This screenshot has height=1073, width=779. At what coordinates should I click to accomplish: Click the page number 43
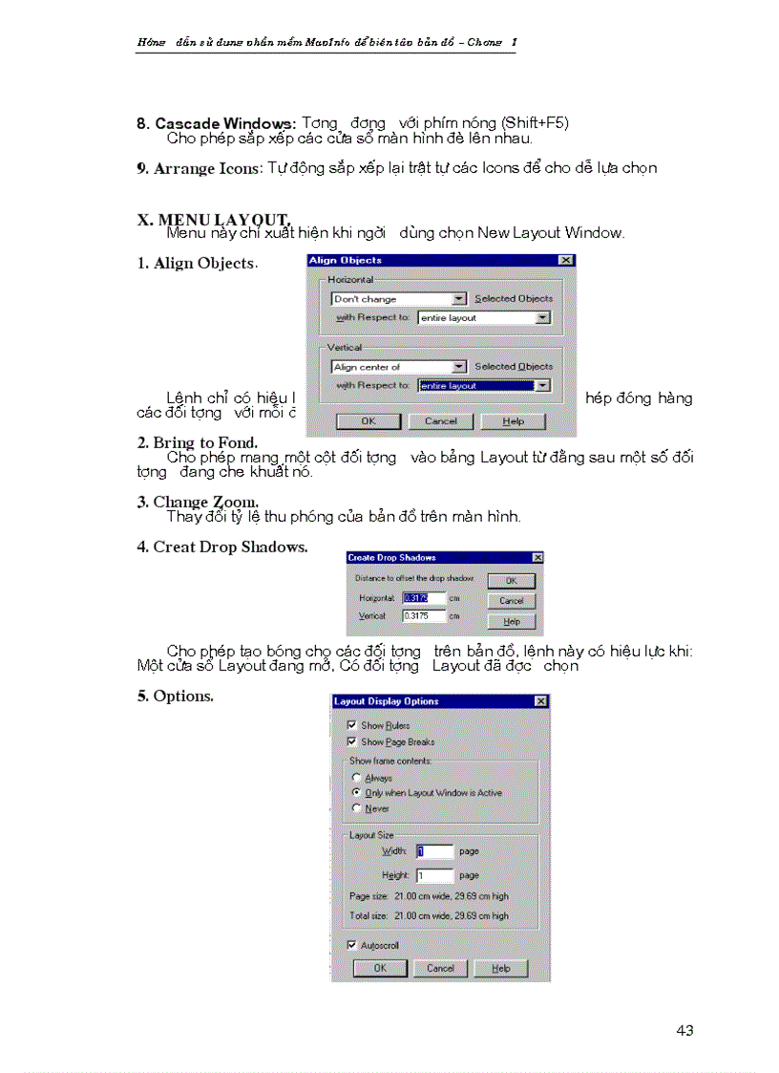(x=684, y=1030)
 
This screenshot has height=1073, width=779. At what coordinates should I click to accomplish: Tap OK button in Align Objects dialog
(x=368, y=420)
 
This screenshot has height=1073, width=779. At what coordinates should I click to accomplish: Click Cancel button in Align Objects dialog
(x=440, y=420)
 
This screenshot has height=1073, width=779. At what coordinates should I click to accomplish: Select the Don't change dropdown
(x=398, y=299)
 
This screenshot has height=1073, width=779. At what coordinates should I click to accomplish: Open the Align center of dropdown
(x=398, y=367)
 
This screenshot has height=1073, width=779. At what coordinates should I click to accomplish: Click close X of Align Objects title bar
(x=566, y=260)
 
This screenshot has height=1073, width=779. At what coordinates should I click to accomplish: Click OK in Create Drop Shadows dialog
(x=511, y=580)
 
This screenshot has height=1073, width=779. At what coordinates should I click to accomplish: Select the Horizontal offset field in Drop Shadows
(x=424, y=598)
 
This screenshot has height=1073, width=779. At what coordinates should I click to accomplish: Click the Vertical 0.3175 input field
(x=424, y=616)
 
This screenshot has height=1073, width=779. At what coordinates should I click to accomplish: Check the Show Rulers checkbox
(x=352, y=725)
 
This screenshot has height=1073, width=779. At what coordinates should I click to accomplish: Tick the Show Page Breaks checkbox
(x=352, y=741)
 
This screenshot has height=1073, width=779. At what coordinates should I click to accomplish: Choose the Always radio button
(x=357, y=778)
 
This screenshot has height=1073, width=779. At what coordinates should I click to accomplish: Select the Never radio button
(x=357, y=808)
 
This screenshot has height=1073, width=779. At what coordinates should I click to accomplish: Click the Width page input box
(x=434, y=851)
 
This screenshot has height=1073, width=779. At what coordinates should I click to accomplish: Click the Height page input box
(x=434, y=875)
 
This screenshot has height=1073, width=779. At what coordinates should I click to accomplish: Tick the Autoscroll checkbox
(x=352, y=945)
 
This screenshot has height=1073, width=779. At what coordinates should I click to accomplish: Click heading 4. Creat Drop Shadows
(x=221, y=547)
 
